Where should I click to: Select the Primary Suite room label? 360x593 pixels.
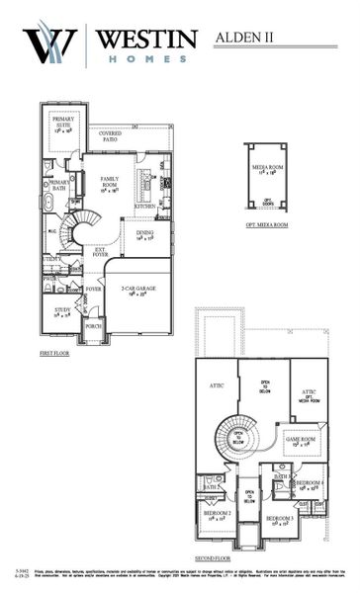point(63,125)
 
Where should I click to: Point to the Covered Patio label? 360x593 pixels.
point(111,134)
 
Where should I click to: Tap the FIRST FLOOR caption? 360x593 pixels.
point(54,352)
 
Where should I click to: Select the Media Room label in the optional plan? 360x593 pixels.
point(267,171)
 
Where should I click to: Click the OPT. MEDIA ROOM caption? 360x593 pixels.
point(266,225)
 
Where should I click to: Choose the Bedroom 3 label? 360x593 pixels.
point(279,519)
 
